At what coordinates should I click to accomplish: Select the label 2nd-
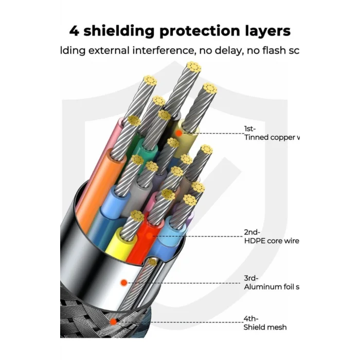click(253, 232)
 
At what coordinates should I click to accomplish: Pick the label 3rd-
click(251, 278)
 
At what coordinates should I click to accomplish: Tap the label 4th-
click(251, 319)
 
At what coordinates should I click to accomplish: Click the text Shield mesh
click(265, 327)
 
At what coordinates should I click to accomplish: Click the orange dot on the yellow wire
click(178, 133)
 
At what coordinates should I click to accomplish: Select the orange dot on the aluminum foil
click(123, 282)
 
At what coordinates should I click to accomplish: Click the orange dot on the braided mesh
click(113, 322)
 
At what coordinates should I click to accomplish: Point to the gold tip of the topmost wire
click(193, 67)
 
